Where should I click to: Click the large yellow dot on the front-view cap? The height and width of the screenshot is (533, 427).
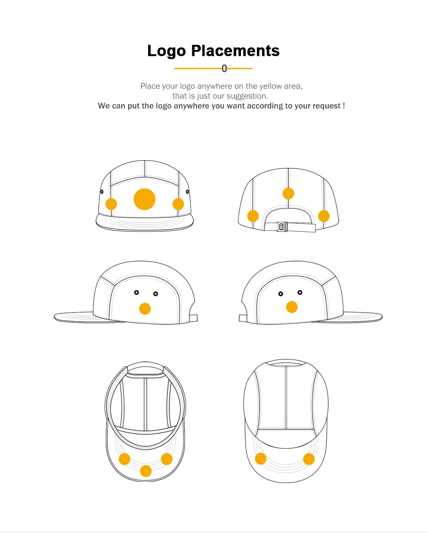point(144,199)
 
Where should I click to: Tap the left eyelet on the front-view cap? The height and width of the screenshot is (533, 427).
point(102,192)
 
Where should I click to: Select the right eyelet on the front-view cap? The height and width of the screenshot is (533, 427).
point(187,192)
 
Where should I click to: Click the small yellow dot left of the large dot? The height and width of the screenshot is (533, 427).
point(111,204)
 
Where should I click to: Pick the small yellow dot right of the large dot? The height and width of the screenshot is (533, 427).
point(178,204)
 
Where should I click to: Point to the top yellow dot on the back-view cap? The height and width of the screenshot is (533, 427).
point(288,193)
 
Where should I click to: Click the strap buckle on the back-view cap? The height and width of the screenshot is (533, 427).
point(282,227)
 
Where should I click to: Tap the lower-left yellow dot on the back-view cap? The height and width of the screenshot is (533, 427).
point(253,216)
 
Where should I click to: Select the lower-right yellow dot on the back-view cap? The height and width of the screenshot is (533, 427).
point(324,216)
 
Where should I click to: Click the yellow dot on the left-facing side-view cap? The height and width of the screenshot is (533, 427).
point(145,308)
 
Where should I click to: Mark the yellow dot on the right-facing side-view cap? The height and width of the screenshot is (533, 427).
point(292,307)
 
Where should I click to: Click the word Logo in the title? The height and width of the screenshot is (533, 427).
point(167,51)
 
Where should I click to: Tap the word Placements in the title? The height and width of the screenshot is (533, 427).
point(235,51)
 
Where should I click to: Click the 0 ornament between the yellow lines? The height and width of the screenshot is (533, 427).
point(224,68)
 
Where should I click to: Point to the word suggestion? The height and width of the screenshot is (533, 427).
point(247,96)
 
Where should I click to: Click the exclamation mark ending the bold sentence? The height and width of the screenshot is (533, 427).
point(344,106)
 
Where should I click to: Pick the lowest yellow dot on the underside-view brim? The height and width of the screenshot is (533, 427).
point(146,471)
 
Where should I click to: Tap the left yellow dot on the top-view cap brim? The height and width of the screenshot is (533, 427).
point(260,459)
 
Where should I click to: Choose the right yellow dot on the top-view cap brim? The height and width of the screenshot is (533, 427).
point(309,459)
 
